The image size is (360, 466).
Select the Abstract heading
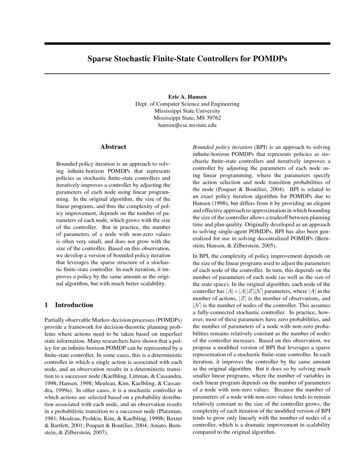click(x=113, y=147)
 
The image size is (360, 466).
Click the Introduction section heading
click(x=74, y=305)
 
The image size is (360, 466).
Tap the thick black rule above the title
click(x=187, y=44)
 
